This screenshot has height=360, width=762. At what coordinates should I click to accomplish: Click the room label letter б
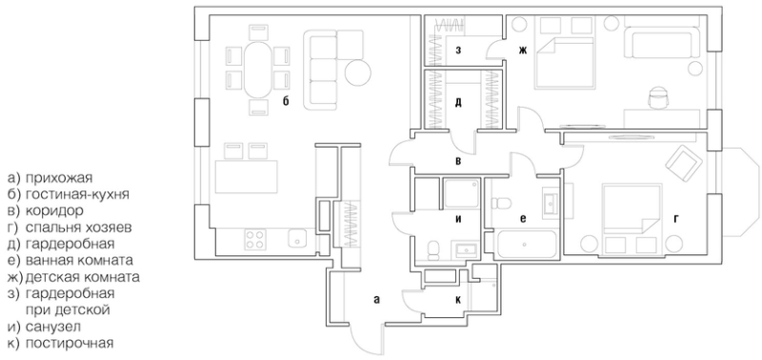pos(287,102)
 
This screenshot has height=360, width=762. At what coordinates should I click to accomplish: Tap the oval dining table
pos(258,70)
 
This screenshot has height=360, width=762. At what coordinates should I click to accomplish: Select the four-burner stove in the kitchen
pos(255,238)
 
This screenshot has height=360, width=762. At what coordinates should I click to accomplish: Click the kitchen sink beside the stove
pos(297,238)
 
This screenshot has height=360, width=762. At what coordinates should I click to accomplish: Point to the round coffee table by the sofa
pos(358,71)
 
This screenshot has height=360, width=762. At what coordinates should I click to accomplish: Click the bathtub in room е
pos(527,244)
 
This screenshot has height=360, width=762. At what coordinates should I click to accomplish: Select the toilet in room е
pos(501,202)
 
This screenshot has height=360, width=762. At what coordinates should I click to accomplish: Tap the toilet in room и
pos(433,250)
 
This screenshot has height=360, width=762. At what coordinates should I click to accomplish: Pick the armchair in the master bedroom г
pos(684,161)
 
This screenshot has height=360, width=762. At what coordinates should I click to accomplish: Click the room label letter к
pos(458,300)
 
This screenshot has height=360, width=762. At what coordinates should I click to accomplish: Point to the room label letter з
pos(458,50)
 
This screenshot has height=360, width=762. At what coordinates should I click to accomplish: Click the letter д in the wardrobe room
pos(458,103)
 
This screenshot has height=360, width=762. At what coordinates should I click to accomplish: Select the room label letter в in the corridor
pos(458,161)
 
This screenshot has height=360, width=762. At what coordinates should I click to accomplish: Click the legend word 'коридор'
pos(54,210)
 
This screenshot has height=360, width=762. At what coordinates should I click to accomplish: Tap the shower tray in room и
pos(462,192)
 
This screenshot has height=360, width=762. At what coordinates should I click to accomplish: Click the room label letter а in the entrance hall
pos(376,300)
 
